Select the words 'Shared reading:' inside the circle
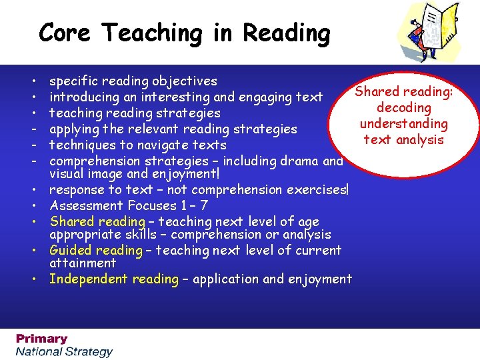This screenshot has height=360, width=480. pos(403,92)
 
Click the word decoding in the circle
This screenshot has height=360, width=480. pos(403,108)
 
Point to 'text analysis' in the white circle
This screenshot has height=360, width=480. pos(403,140)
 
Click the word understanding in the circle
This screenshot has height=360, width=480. pos(403,124)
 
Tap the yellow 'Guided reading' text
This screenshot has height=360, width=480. pos(95,251)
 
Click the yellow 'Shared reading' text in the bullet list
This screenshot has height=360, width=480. pos(97,221)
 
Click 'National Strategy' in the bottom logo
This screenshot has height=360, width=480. pos(65,351)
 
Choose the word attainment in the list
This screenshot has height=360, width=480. pos(83,263)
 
